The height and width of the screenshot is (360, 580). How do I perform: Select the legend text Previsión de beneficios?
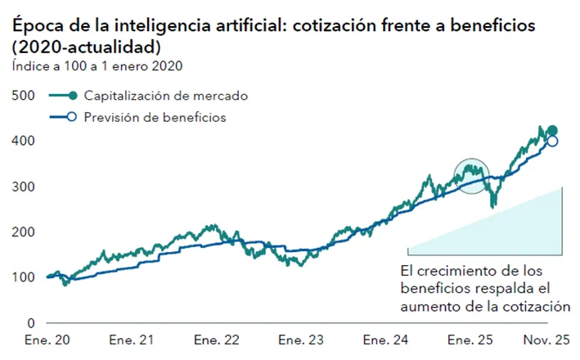click(x=155, y=117)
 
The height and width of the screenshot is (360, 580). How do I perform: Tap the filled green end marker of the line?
click(x=552, y=131)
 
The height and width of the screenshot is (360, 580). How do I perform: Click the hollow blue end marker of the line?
click(x=552, y=142)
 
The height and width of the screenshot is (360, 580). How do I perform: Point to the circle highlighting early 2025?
click(x=470, y=174)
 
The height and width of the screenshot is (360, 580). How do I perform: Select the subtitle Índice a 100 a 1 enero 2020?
click(x=97, y=65)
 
